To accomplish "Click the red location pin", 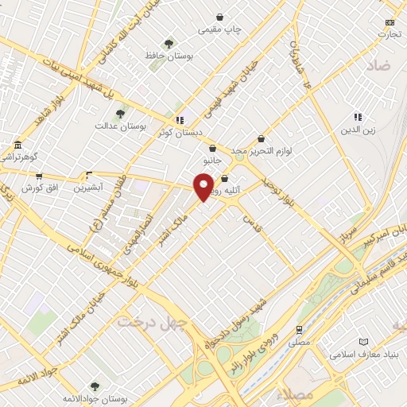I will pos(204,187).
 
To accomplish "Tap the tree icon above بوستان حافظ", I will pos(168,44).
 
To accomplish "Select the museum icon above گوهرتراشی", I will pos(17,145).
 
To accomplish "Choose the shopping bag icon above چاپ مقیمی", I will pos(220,17).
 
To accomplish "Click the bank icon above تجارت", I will pos(389,22).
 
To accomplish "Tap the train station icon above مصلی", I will pos(299,328).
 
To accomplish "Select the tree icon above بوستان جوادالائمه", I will pos(95,386).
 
